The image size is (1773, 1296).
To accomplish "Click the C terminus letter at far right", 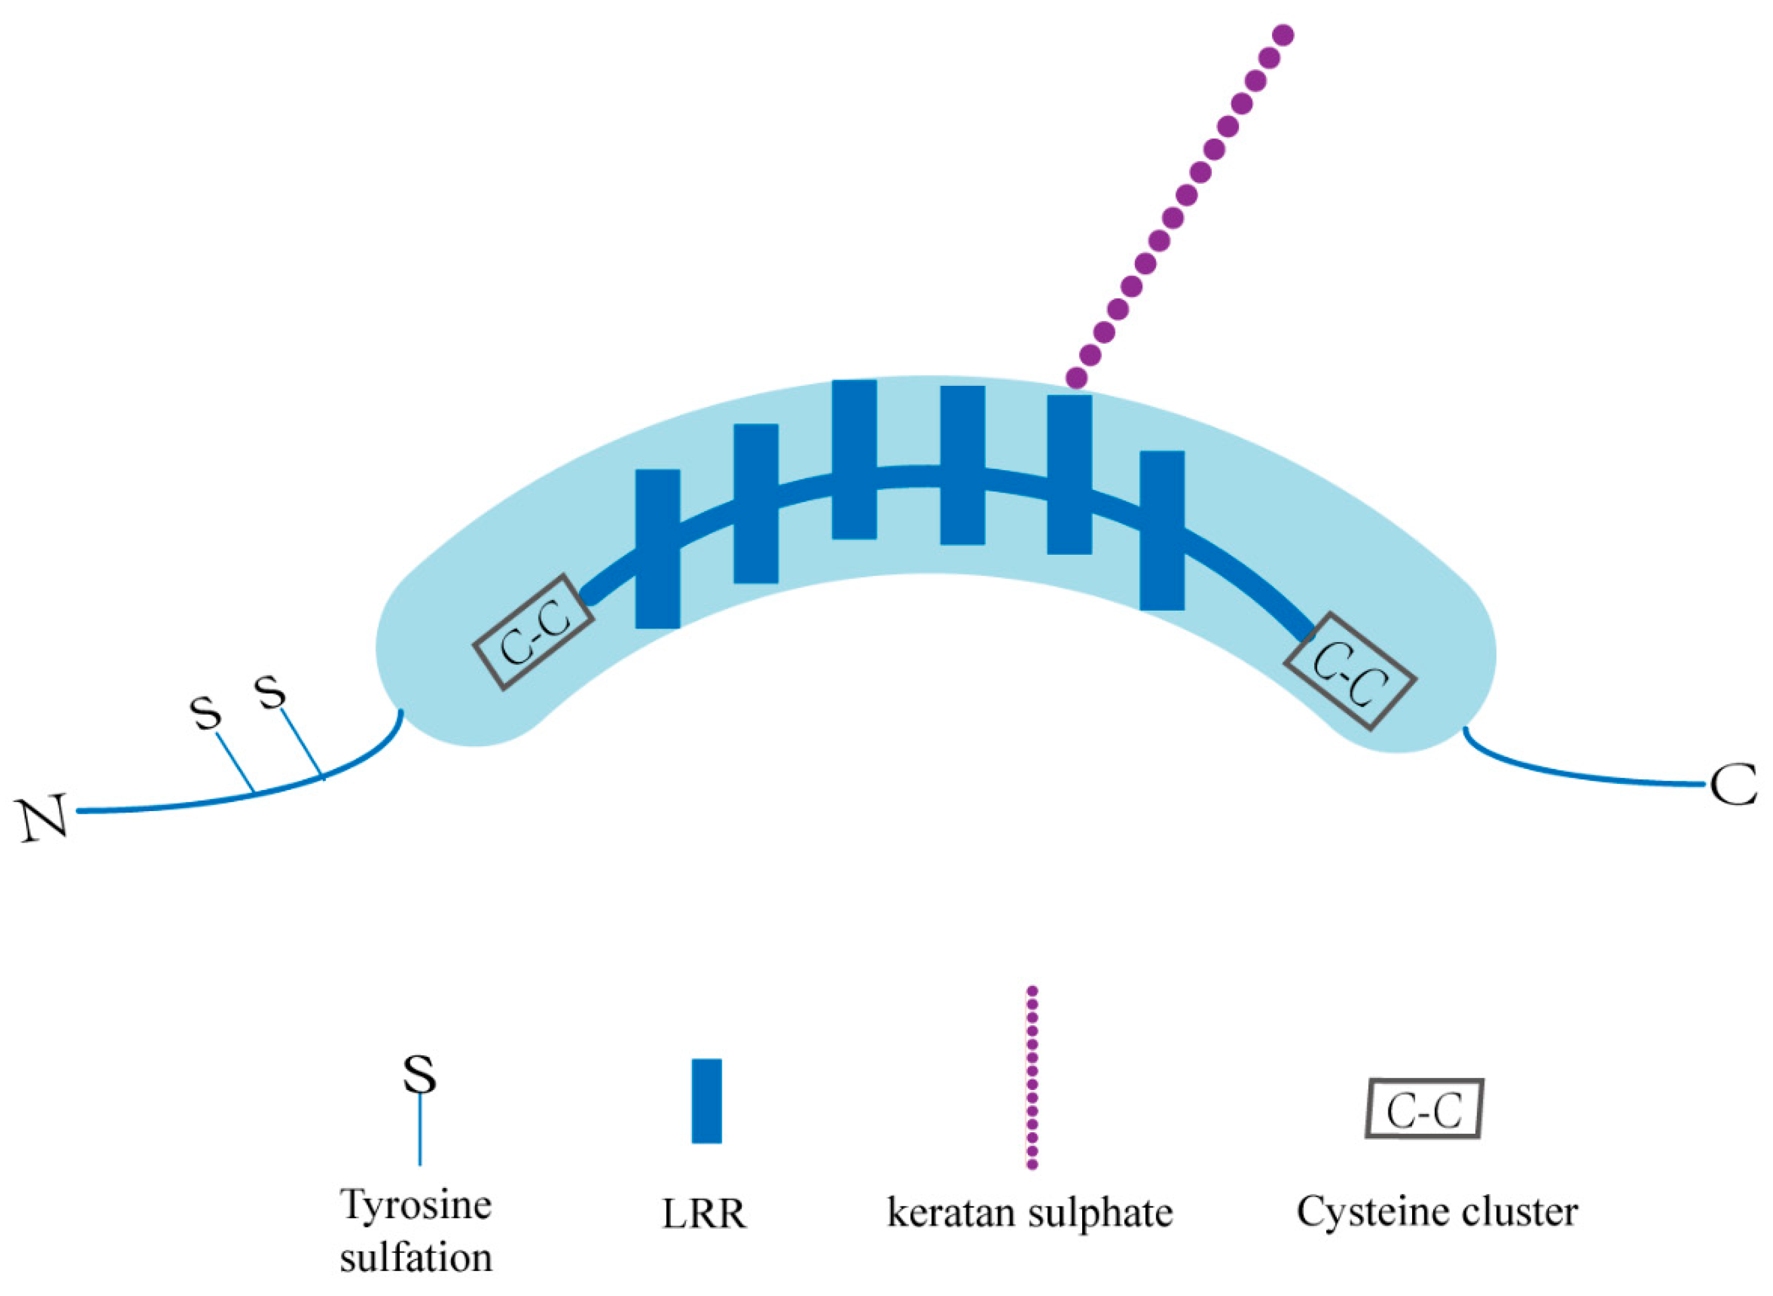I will pos(1731,784).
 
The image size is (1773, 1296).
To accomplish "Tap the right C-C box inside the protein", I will pos(1350,672).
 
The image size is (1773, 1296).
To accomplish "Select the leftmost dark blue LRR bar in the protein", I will pos(658,549).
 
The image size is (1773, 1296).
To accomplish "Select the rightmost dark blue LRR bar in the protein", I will pos(1162,530).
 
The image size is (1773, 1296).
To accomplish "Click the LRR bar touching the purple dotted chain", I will pos(1069,474).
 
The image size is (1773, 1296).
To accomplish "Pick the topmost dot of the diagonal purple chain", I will pos(1284,35).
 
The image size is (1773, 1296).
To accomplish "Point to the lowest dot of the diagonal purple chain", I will pos(1076,378).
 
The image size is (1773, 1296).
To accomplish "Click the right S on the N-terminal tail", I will pos(271,693).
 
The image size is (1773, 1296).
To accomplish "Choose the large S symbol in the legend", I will pos(420,1074).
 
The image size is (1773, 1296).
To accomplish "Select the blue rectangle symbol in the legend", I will pos(706,1101).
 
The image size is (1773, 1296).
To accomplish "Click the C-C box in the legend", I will pos(1424,1108).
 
